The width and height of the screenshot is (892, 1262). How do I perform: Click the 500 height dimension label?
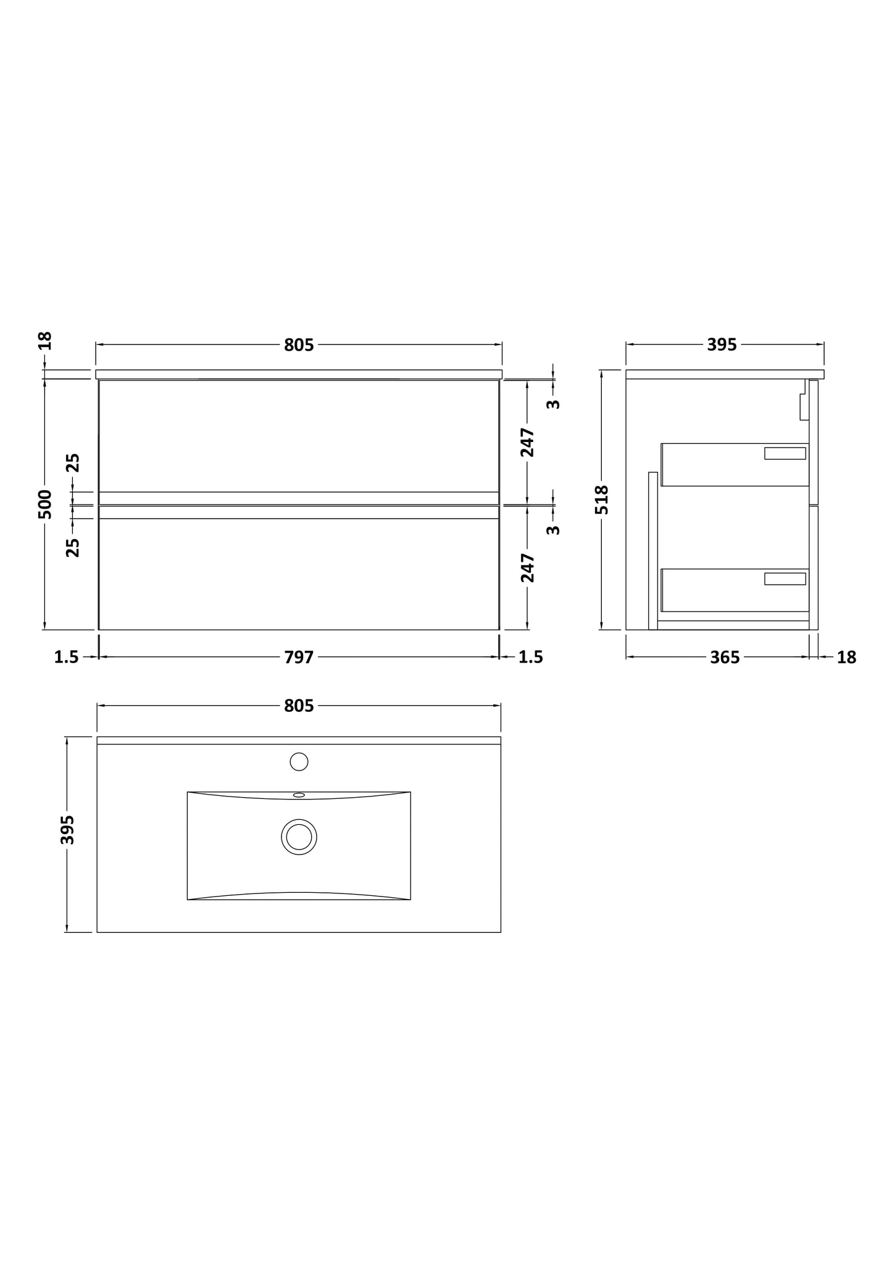click(x=45, y=504)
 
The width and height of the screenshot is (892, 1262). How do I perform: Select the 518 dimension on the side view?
click(x=602, y=499)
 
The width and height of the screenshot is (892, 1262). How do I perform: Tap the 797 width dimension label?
click(x=299, y=658)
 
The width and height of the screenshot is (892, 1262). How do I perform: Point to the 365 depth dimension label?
click(x=725, y=658)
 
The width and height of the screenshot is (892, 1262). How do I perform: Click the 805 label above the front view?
click(x=299, y=345)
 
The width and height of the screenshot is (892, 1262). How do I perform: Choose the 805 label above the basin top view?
click(x=299, y=706)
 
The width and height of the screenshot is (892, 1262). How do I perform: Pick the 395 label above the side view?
click(x=722, y=345)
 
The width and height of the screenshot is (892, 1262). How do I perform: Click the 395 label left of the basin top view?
click(x=68, y=830)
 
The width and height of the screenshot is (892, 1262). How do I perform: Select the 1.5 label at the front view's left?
click(x=67, y=658)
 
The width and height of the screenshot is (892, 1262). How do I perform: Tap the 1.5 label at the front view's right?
click(x=531, y=658)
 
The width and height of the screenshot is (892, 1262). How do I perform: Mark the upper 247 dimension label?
click(x=527, y=442)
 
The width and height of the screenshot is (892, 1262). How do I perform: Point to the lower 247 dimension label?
click(x=527, y=568)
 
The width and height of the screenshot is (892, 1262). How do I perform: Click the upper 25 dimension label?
click(x=73, y=462)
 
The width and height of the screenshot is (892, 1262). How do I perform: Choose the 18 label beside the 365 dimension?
click(x=846, y=658)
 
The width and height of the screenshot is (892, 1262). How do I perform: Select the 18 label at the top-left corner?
click(x=45, y=341)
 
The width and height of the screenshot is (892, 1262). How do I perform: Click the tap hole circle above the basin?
click(x=299, y=761)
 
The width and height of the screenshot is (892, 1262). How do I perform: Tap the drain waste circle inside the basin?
click(x=299, y=837)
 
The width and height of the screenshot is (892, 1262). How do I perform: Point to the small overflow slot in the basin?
click(x=299, y=795)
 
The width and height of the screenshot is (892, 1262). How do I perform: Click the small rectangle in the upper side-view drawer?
click(x=785, y=453)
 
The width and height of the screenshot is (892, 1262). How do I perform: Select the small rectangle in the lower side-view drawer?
click(x=785, y=579)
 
